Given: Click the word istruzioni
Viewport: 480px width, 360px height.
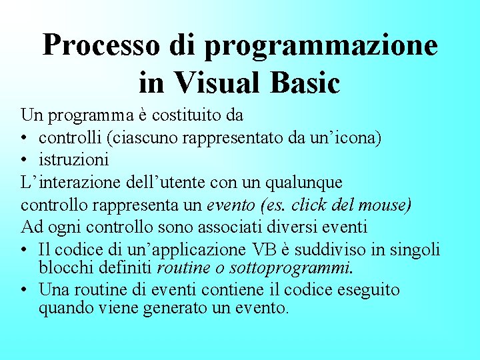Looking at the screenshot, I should pos(73,160).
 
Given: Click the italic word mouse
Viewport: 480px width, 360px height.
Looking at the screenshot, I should pos(388,204).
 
